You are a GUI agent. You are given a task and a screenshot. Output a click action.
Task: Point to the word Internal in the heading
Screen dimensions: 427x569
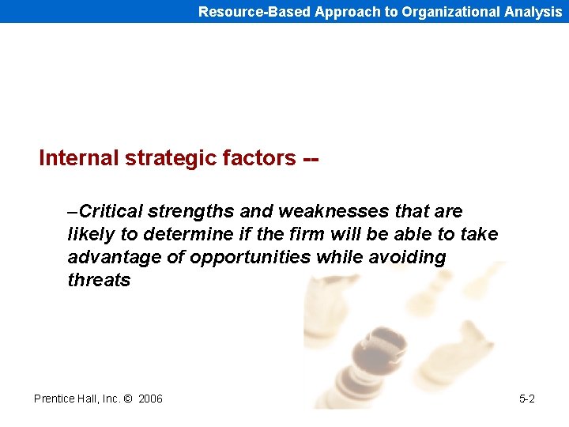point(78,158)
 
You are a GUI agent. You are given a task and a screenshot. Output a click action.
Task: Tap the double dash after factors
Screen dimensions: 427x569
point(311,159)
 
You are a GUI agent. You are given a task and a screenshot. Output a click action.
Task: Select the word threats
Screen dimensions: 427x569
point(99,280)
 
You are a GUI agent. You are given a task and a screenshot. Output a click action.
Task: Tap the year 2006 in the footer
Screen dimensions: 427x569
point(150,399)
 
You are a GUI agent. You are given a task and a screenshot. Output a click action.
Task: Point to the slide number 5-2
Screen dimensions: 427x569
point(526,399)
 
